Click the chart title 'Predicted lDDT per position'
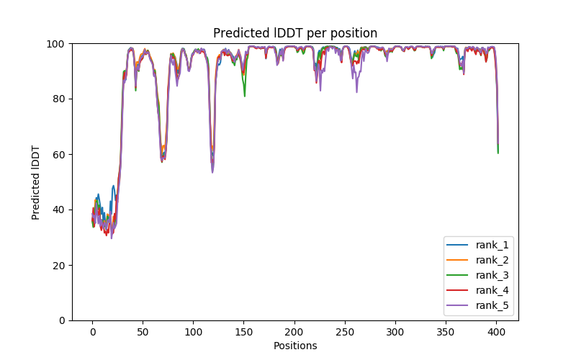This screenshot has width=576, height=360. coord(294,33)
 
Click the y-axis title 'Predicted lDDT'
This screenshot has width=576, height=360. coord(36,182)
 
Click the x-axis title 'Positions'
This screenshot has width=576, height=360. coord(294,346)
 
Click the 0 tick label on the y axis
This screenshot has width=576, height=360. coord(62,320)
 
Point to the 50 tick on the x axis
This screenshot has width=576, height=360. coord(143,332)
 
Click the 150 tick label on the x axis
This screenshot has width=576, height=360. coord(243,332)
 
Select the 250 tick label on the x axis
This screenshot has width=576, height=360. coord(344,332)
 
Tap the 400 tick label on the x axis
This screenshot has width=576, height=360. coord(495,332)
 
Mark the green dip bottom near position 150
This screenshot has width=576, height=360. coord(245,96)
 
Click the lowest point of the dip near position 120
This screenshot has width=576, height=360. coord(212,172)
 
